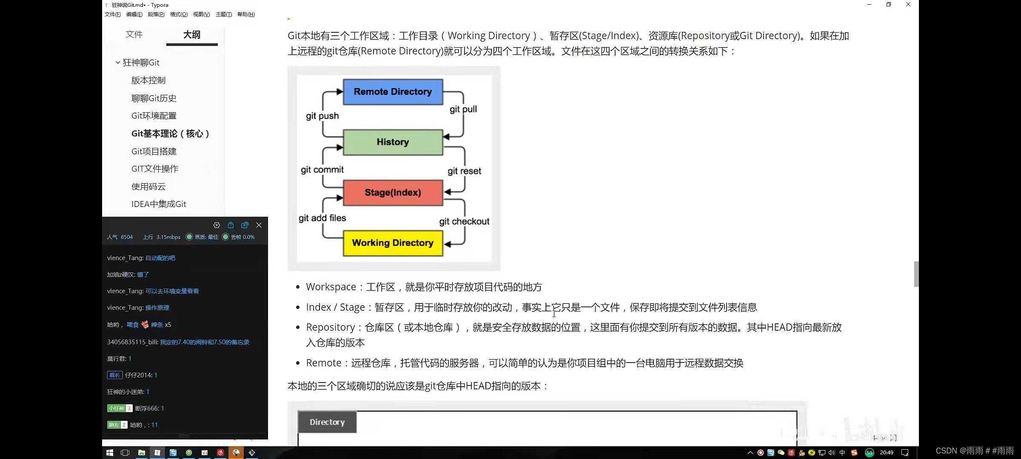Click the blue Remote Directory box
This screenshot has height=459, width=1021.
[393, 92]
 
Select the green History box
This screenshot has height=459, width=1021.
[393, 142]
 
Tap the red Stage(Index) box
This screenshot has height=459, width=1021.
[393, 193]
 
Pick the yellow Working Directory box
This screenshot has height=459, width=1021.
[393, 243]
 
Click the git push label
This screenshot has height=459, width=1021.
[322, 116]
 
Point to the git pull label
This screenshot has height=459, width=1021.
[463, 109]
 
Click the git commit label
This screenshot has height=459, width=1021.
[322, 170]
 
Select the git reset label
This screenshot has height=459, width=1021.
[464, 171]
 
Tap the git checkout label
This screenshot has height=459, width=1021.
[464, 221]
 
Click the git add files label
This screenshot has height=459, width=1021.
[322, 218]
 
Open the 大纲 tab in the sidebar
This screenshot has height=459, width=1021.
[191, 35]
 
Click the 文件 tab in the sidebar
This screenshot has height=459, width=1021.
[134, 34]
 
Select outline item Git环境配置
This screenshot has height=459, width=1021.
[154, 116]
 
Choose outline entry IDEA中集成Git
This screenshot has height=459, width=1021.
[159, 204]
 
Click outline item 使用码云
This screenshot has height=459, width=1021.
[148, 187]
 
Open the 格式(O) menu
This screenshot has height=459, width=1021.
[179, 14]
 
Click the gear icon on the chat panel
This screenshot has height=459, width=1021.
[217, 225]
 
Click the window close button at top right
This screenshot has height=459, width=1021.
[908, 5]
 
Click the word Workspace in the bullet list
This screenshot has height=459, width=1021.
[331, 287]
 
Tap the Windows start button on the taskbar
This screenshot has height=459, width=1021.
[109, 453]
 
